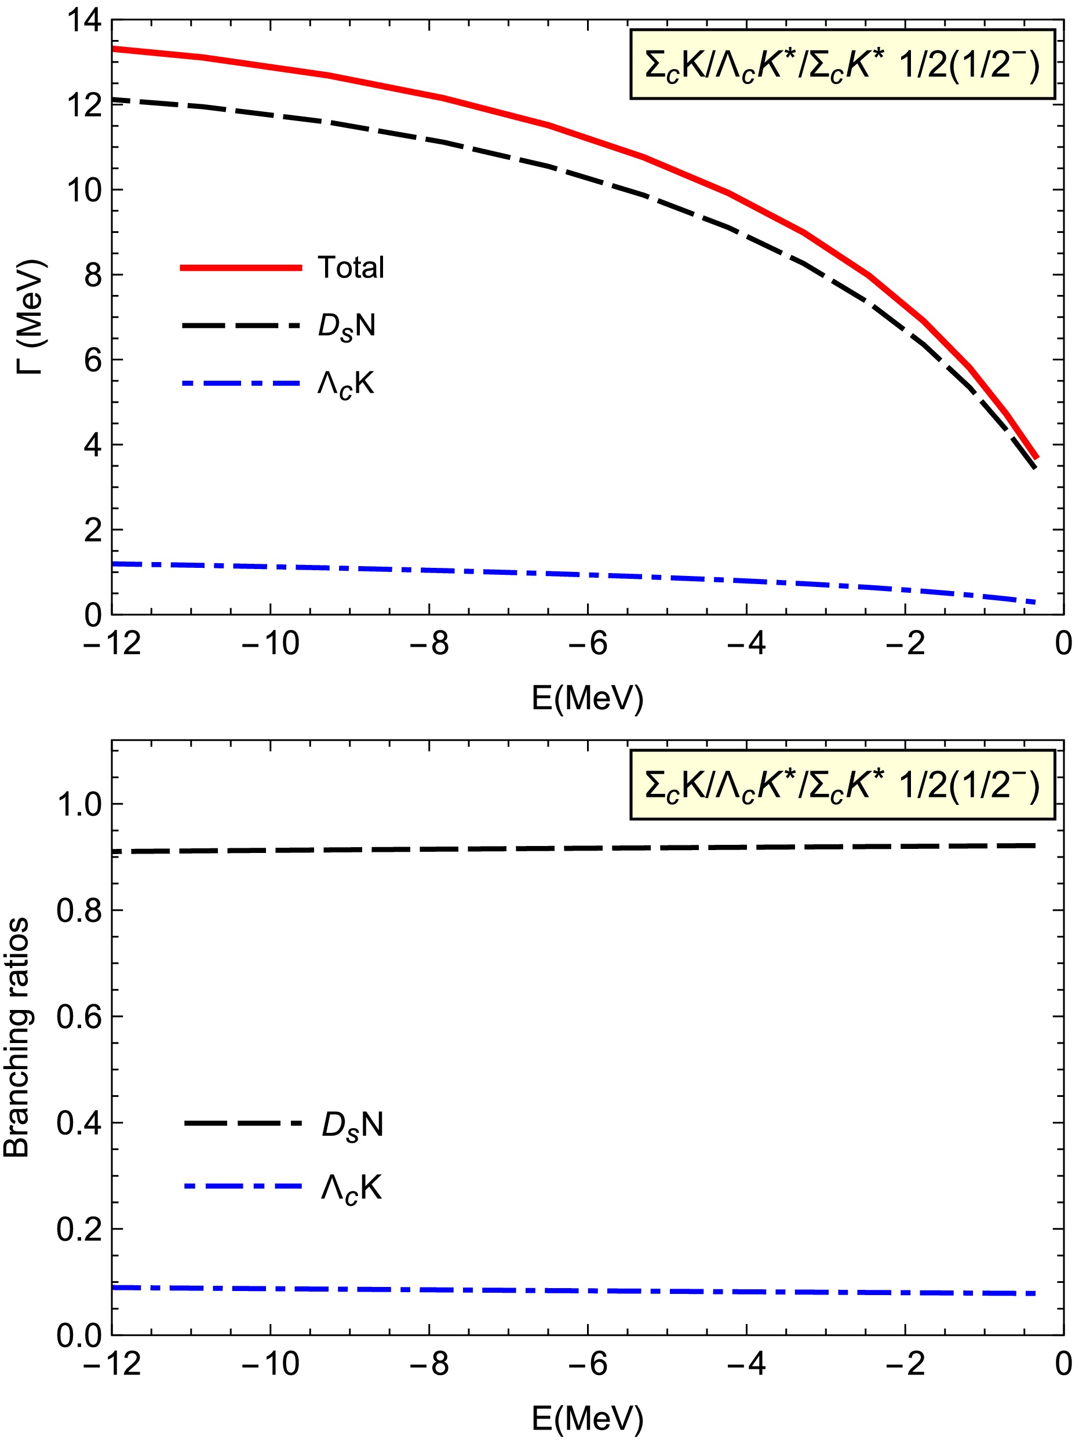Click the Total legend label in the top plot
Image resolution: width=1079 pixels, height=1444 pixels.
[x=351, y=268]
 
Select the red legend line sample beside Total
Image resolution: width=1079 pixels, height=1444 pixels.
[x=241, y=268]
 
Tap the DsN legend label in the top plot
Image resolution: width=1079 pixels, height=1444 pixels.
[x=347, y=326]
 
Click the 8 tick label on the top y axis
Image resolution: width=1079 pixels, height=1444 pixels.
[x=93, y=275]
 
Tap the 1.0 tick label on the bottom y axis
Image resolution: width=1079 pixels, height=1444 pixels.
[x=79, y=804]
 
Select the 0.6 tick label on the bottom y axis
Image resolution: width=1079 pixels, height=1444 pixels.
[x=79, y=1016]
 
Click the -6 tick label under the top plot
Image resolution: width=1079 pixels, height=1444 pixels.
[x=588, y=644]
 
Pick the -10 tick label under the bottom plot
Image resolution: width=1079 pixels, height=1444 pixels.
[x=270, y=1365]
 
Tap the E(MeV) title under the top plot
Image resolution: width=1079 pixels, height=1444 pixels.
[x=588, y=698]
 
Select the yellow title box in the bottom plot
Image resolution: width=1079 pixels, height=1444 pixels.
[x=841, y=784]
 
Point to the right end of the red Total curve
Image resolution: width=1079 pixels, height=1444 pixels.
[x=1037, y=458]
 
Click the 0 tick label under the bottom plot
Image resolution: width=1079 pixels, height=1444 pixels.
[x=1063, y=1365]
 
